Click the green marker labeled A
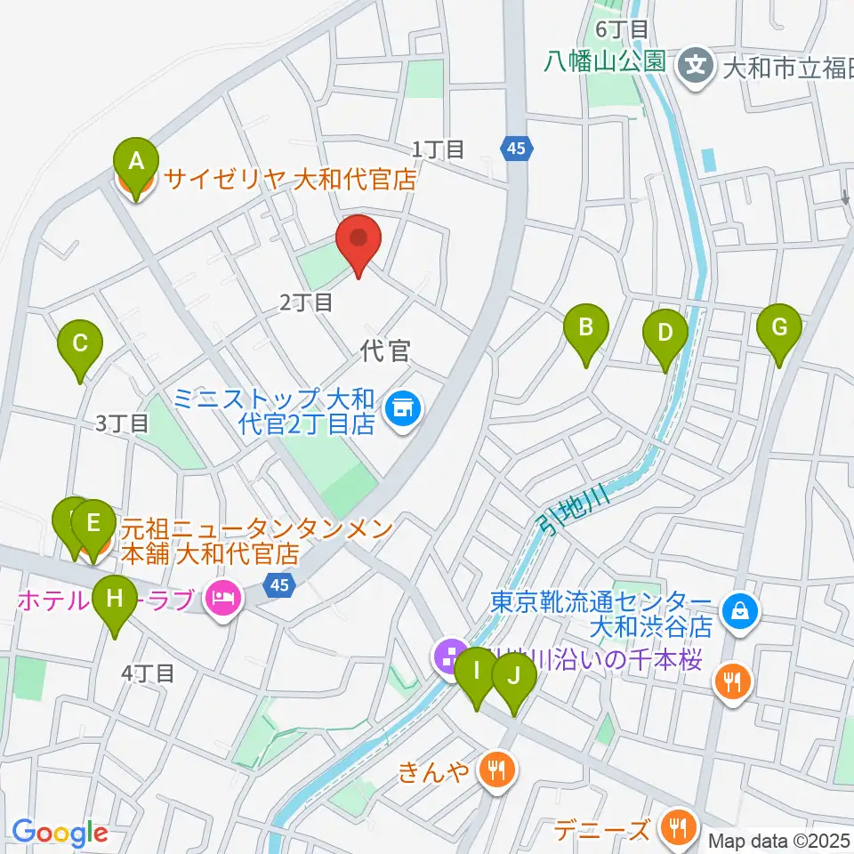[136, 164]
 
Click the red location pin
[359, 240]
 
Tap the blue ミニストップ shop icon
[403, 409]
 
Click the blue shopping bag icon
[739, 610]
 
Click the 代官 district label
[386, 351]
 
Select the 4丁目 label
[149, 673]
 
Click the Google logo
[60, 833]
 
